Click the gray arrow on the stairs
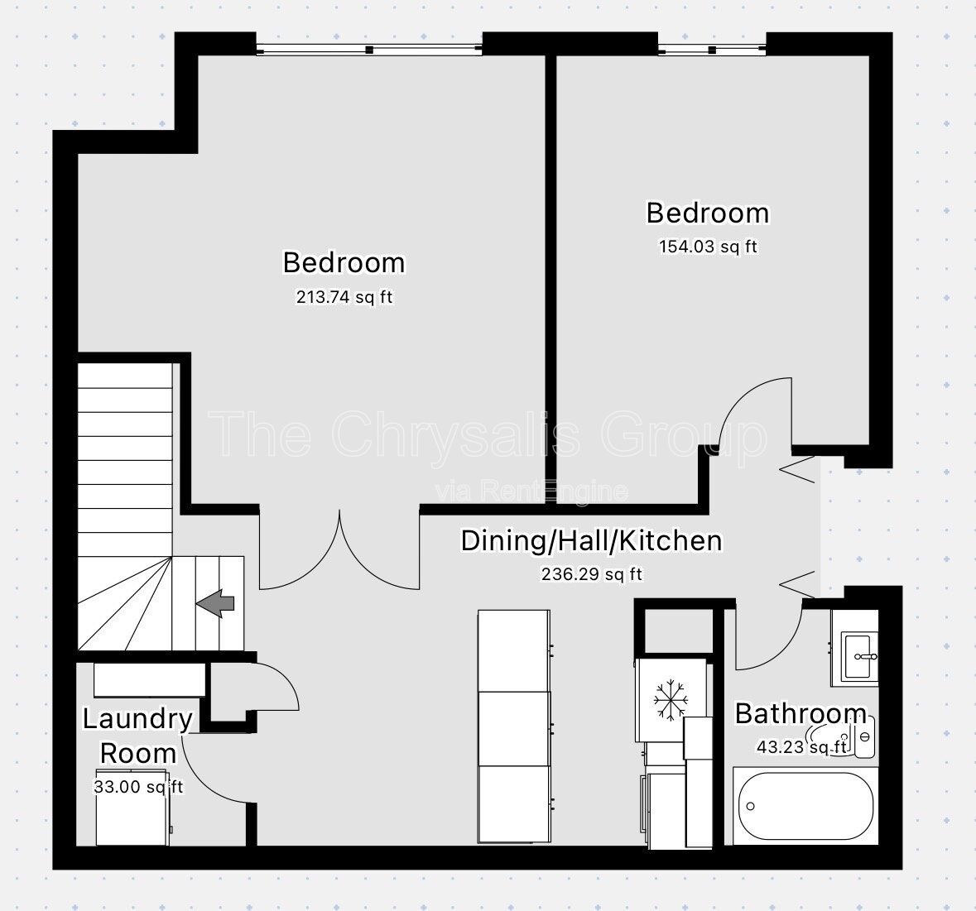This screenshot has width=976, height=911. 215,603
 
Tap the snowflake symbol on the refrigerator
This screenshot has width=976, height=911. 671,701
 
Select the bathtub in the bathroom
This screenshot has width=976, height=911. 805,806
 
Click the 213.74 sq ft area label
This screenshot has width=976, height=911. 344,297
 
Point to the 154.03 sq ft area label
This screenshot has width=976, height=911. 708,247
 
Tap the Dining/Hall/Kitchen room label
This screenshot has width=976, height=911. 591,540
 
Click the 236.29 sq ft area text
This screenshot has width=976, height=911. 591,573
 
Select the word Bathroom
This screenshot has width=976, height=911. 801,713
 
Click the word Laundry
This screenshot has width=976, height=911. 137,719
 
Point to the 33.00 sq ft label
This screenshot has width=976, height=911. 138,787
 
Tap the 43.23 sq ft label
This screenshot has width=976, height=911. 801,746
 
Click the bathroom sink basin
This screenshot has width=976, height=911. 860,656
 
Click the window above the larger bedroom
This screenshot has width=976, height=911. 369,49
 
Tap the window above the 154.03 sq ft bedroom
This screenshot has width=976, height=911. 712,49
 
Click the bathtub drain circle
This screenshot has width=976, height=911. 750,807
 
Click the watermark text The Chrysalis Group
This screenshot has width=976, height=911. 488,434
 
